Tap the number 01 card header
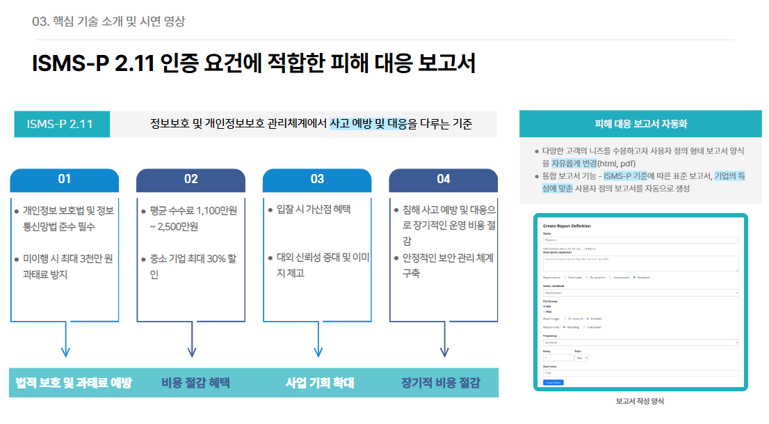tap(65, 180)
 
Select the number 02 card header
tap(191, 180)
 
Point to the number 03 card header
tap(317, 180)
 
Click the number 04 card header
tap(444, 180)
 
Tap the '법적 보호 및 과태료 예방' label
tap(74, 383)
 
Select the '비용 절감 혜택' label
tap(195, 383)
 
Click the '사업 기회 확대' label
tap(320, 383)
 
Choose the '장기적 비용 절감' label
tap(440, 383)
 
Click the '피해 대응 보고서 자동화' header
tap(640, 124)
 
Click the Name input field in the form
tap(640, 240)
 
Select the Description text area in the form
tap(640, 262)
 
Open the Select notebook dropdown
tap(640, 293)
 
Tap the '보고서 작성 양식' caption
tap(640, 402)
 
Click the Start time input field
tap(640, 373)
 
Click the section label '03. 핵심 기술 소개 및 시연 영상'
tap(108, 21)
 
